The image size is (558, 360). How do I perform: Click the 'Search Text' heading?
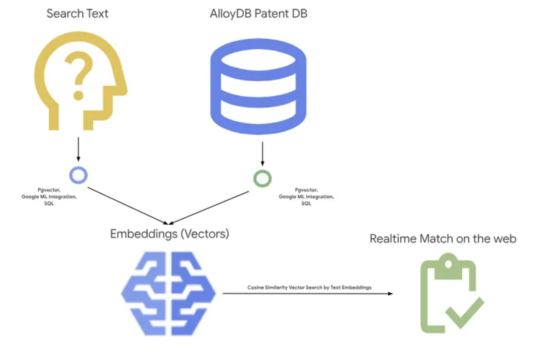point(77,14)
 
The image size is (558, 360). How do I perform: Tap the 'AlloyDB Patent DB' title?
point(258,14)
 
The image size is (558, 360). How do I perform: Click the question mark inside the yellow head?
point(79,76)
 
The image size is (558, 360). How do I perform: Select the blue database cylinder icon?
point(258,86)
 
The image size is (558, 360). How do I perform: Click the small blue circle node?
point(78,175)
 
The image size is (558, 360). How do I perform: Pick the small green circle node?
point(262,179)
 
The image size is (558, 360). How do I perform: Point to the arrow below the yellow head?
point(78,149)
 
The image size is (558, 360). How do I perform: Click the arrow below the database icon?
point(262,153)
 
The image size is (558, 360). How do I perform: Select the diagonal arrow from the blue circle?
point(128,206)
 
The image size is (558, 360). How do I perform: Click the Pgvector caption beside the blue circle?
point(49,196)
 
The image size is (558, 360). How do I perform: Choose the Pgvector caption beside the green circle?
point(306,196)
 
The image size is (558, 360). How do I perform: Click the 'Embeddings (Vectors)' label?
point(169,234)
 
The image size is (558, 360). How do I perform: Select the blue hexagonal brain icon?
point(168,293)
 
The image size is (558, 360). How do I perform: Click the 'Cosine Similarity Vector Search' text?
point(309,287)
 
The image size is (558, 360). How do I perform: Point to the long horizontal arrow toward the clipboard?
point(308,294)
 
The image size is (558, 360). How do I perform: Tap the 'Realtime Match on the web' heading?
point(443,238)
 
